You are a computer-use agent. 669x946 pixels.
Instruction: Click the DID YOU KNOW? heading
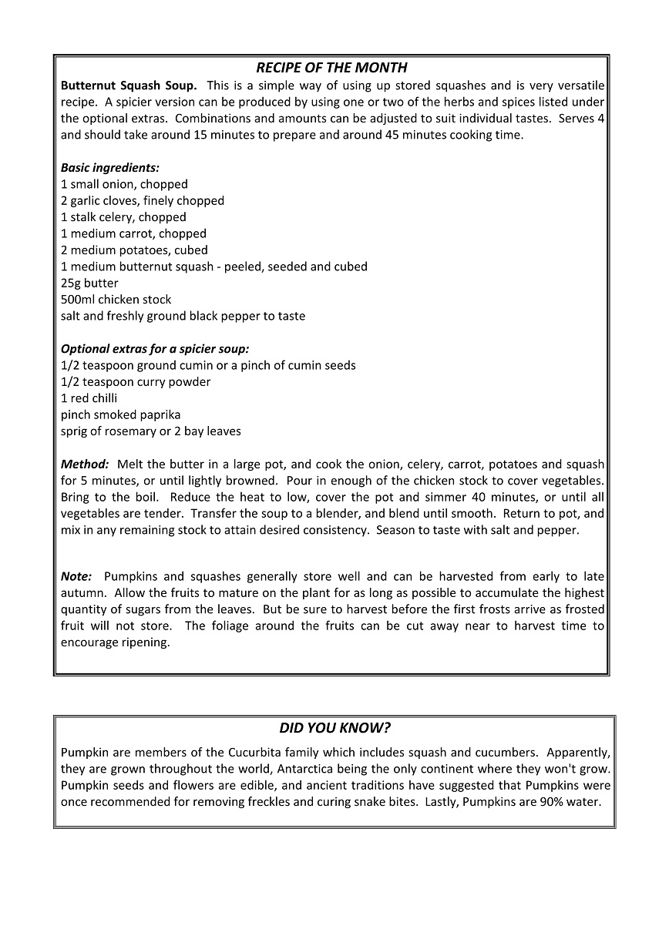pyautogui.click(x=334, y=728)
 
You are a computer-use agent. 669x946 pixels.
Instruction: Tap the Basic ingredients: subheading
pyautogui.click(x=110, y=167)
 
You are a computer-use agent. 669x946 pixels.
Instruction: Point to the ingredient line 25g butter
pyautogui.click(x=89, y=283)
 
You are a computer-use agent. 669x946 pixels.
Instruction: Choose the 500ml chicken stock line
pyautogui.click(x=116, y=300)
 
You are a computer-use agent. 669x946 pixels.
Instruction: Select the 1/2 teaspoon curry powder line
pyautogui.click(x=136, y=382)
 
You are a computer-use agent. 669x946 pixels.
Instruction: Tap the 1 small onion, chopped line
pyautogui.click(x=124, y=184)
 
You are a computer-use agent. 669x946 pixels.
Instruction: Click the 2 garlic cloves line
pyautogui.click(x=143, y=200)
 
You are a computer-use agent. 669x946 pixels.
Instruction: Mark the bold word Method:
pyautogui.click(x=85, y=465)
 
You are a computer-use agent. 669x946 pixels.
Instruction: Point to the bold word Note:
pyautogui.click(x=76, y=576)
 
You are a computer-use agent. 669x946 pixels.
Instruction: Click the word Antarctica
pyautogui.click(x=390, y=769)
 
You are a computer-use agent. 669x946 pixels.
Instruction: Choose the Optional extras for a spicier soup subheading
pyautogui.click(x=155, y=349)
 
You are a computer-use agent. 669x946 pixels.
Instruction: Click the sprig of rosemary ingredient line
pyautogui.click(x=151, y=431)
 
